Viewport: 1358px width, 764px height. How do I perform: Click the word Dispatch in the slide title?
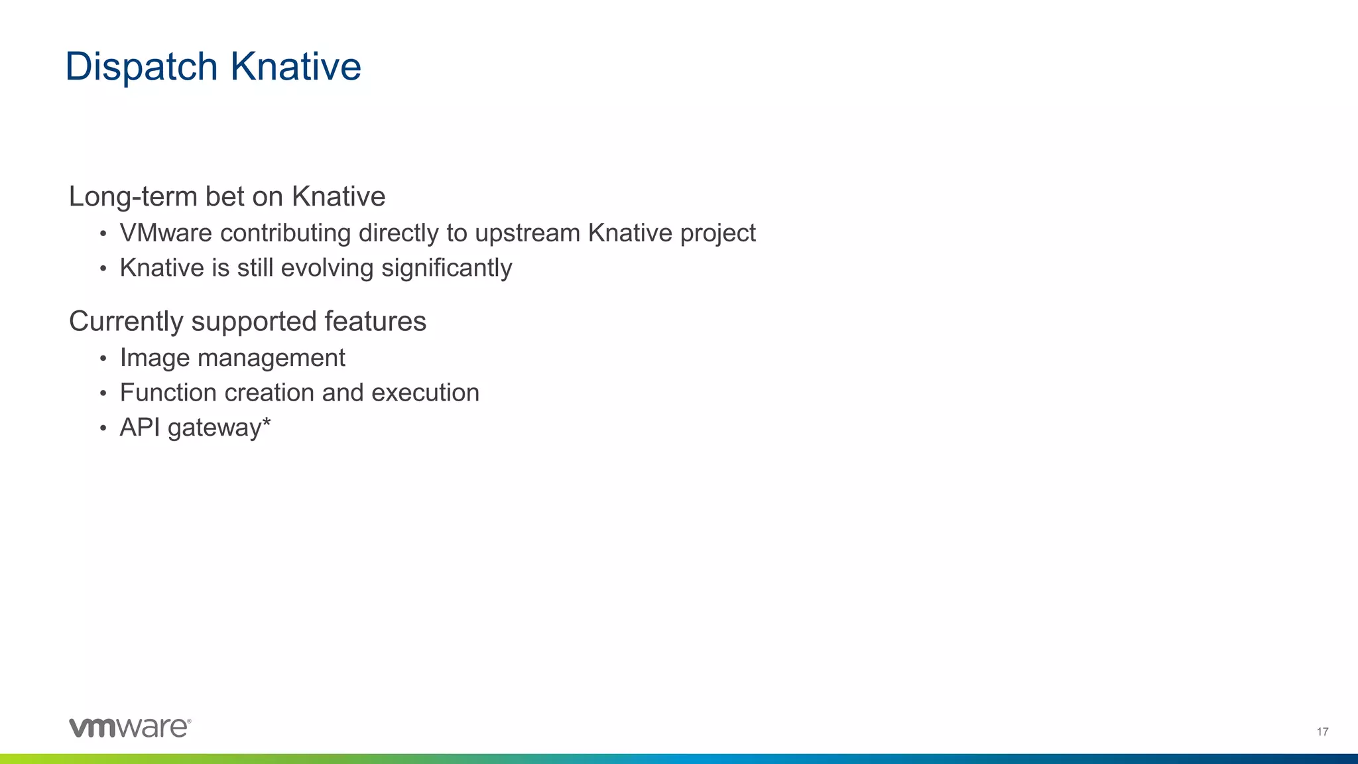(141, 67)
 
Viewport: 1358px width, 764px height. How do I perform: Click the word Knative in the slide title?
(295, 67)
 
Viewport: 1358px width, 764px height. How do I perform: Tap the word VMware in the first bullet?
(166, 233)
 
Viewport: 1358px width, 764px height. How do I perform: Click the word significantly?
(446, 269)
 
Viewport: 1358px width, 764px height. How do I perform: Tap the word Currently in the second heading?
(126, 322)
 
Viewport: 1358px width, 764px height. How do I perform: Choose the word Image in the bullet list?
(154, 358)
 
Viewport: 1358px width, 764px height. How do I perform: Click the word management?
(271, 358)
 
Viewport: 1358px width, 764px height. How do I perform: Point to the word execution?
(425, 393)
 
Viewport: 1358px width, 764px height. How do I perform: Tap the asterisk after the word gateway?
(267, 422)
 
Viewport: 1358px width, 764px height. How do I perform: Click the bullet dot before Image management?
(103, 359)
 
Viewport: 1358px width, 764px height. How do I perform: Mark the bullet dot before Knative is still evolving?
(103, 269)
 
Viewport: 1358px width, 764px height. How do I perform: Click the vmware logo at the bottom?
(130, 728)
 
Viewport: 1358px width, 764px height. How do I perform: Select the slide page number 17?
(1322, 732)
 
